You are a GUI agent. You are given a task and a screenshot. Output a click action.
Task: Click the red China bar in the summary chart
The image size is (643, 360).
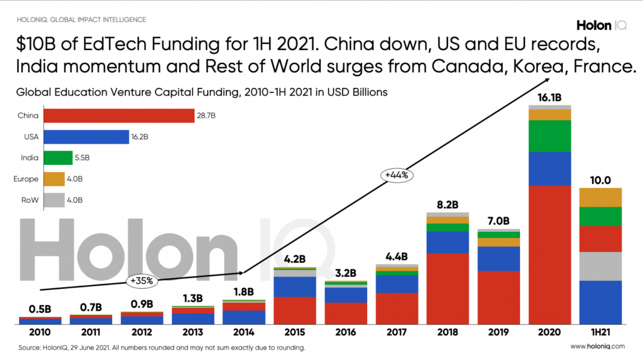point(119,116)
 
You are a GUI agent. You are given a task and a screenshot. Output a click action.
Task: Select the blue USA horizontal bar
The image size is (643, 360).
point(86,137)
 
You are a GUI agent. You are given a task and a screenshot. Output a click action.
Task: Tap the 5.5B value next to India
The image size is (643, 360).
point(82,158)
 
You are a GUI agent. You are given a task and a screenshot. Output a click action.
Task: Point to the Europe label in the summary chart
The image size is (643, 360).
point(26,179)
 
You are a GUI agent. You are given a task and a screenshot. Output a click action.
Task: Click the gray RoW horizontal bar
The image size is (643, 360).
point(54,200)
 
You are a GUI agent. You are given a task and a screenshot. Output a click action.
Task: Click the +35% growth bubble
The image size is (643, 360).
point(142,281)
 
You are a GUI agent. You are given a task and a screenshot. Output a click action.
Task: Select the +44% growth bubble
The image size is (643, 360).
point(397,175)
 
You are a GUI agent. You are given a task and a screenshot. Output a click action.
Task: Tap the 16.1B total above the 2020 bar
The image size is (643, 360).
point(549,98)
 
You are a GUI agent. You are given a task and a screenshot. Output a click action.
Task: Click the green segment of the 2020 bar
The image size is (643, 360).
point(549,136)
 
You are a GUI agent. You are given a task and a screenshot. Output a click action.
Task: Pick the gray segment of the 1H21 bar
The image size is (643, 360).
point(600,266)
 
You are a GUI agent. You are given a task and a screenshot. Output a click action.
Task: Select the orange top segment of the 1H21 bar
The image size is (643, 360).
point(600,197)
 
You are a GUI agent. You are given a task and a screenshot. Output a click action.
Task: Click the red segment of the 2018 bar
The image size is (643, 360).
point(448,288)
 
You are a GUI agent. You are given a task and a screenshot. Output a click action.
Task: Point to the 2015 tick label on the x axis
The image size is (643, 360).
point(295,332)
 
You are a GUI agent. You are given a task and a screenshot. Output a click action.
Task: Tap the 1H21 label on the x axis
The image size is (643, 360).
point(600,332)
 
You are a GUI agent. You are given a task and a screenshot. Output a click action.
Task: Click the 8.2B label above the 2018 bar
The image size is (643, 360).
point(448,205)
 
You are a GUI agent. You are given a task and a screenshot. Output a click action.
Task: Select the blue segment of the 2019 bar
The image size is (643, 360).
point(498,259)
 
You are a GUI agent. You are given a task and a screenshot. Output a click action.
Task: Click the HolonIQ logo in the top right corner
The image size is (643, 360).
point(601,25)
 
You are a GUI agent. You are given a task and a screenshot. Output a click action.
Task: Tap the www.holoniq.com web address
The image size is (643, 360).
point(597,346)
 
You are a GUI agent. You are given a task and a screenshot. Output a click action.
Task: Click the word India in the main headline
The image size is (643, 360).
point(38,66)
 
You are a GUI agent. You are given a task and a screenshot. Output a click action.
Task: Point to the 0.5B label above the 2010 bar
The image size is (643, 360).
point(40,309)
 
